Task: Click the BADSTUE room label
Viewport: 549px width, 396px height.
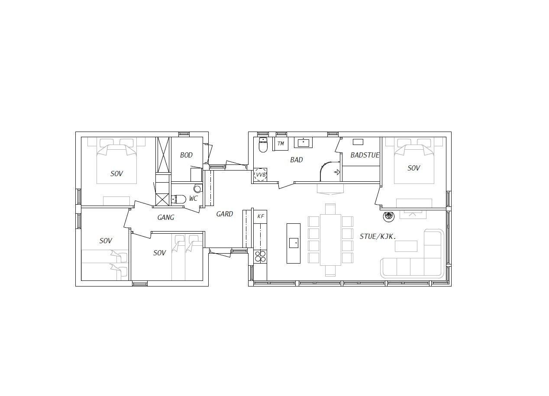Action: click(x=365, y=155)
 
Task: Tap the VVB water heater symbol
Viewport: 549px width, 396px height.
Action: click(x=260, y=175)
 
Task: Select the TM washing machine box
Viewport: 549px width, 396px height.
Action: click(x=281, y=144)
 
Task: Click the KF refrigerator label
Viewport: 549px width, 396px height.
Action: click(x=261, y=216)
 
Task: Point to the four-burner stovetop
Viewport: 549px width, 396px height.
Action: click(x=260, y=256)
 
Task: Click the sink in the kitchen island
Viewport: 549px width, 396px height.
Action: click(x=294, y=243)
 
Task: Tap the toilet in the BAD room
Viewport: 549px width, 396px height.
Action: click(x=263, y=145)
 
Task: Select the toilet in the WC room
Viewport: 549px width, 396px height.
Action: click(x=179, y=200)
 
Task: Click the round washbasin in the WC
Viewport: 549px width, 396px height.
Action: click(x=197, y=189)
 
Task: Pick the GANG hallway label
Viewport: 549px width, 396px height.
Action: click(x=166, y=217)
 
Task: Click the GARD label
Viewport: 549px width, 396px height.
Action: click(x=225, y=214)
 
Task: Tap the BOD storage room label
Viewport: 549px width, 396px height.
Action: click(x=186, y=155)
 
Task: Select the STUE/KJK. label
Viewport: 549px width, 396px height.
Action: click(x=378, y=236)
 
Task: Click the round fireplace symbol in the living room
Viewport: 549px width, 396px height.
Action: click(x=389, y=216)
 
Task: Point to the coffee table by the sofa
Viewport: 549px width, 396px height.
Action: click(x=406, y=246)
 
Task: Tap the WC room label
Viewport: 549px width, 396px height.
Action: click(x=193, y=199)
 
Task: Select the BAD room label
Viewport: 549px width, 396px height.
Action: click(x=297, y=160)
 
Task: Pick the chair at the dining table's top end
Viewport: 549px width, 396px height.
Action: click(x=330, y=209)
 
